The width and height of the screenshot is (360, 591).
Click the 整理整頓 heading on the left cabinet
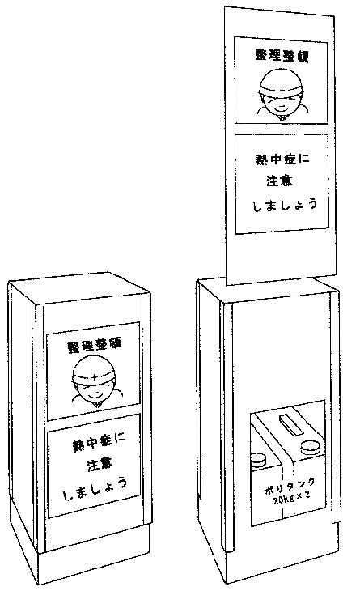tap(95, 346)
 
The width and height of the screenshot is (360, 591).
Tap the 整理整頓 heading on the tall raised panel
tap(282, 55)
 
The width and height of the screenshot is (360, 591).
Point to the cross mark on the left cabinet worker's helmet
tap(94, 377)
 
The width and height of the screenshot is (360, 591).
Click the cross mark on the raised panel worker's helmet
tap(282, 91)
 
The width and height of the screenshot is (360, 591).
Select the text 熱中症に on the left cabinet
tap(99, 444)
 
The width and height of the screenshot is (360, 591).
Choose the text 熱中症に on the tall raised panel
tap(282, 159)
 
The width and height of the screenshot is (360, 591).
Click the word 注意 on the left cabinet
tap(100, 465)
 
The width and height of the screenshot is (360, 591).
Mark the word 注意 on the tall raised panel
tap(279, 181)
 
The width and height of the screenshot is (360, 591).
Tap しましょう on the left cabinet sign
tap(95, 487)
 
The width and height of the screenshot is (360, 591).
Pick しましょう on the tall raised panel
tap(285, 204)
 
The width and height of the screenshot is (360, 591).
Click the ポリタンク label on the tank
tap(289, 487)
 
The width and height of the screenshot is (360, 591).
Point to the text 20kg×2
tap(291, 499)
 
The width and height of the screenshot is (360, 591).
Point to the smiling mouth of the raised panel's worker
tap(282, 108)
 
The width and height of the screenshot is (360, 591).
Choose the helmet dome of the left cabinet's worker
tap(94, 369)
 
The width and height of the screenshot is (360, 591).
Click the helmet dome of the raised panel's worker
tap(282, 83)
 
